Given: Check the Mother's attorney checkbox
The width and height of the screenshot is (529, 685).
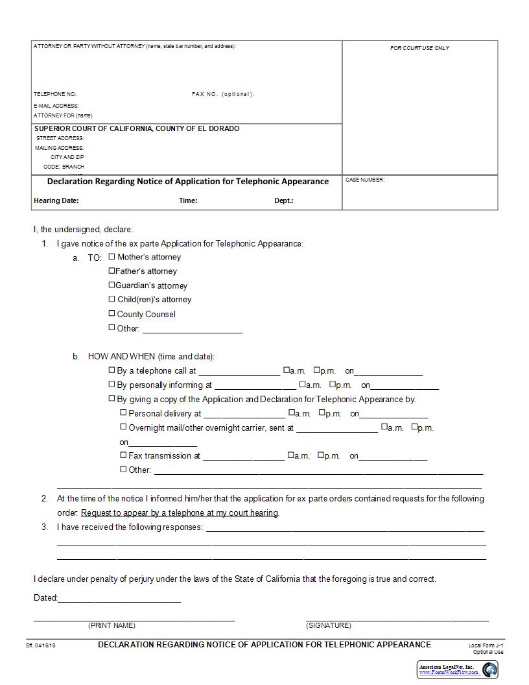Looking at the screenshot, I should (112, 256).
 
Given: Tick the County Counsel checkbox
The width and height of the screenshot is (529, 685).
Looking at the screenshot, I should (112, 313).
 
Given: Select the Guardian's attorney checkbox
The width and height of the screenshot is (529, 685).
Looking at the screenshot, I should (112, 285).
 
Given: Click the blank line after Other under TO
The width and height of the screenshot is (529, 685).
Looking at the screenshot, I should (192, 329).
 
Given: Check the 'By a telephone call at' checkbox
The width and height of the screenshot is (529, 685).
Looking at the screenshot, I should (112, 370).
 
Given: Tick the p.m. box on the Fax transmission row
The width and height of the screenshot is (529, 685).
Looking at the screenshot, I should (320, 455).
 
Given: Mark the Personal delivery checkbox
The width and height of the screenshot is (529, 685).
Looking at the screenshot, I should (123, 413).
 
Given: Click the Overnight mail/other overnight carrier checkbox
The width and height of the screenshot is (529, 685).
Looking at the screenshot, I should (123, 427).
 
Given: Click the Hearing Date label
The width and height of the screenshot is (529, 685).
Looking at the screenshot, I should (56, 200).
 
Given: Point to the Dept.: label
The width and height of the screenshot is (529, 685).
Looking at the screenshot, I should (283, 200).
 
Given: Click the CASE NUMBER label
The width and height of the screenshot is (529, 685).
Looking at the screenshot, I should (364, 180).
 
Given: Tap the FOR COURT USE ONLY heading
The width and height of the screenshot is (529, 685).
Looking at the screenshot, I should (419, 48).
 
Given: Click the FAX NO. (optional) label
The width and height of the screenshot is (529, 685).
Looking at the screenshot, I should (223, 94).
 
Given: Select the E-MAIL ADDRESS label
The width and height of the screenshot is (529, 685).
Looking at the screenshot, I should (56, 105).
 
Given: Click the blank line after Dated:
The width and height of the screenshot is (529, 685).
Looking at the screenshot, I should (119, 599).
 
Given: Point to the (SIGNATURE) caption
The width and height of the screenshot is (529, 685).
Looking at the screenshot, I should (328, 625).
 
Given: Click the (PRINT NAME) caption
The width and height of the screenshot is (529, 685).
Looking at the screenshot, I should (112, 625).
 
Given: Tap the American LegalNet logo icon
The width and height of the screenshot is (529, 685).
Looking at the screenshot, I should (489, 669).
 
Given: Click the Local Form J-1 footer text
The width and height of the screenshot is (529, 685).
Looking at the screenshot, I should (486, 645).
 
